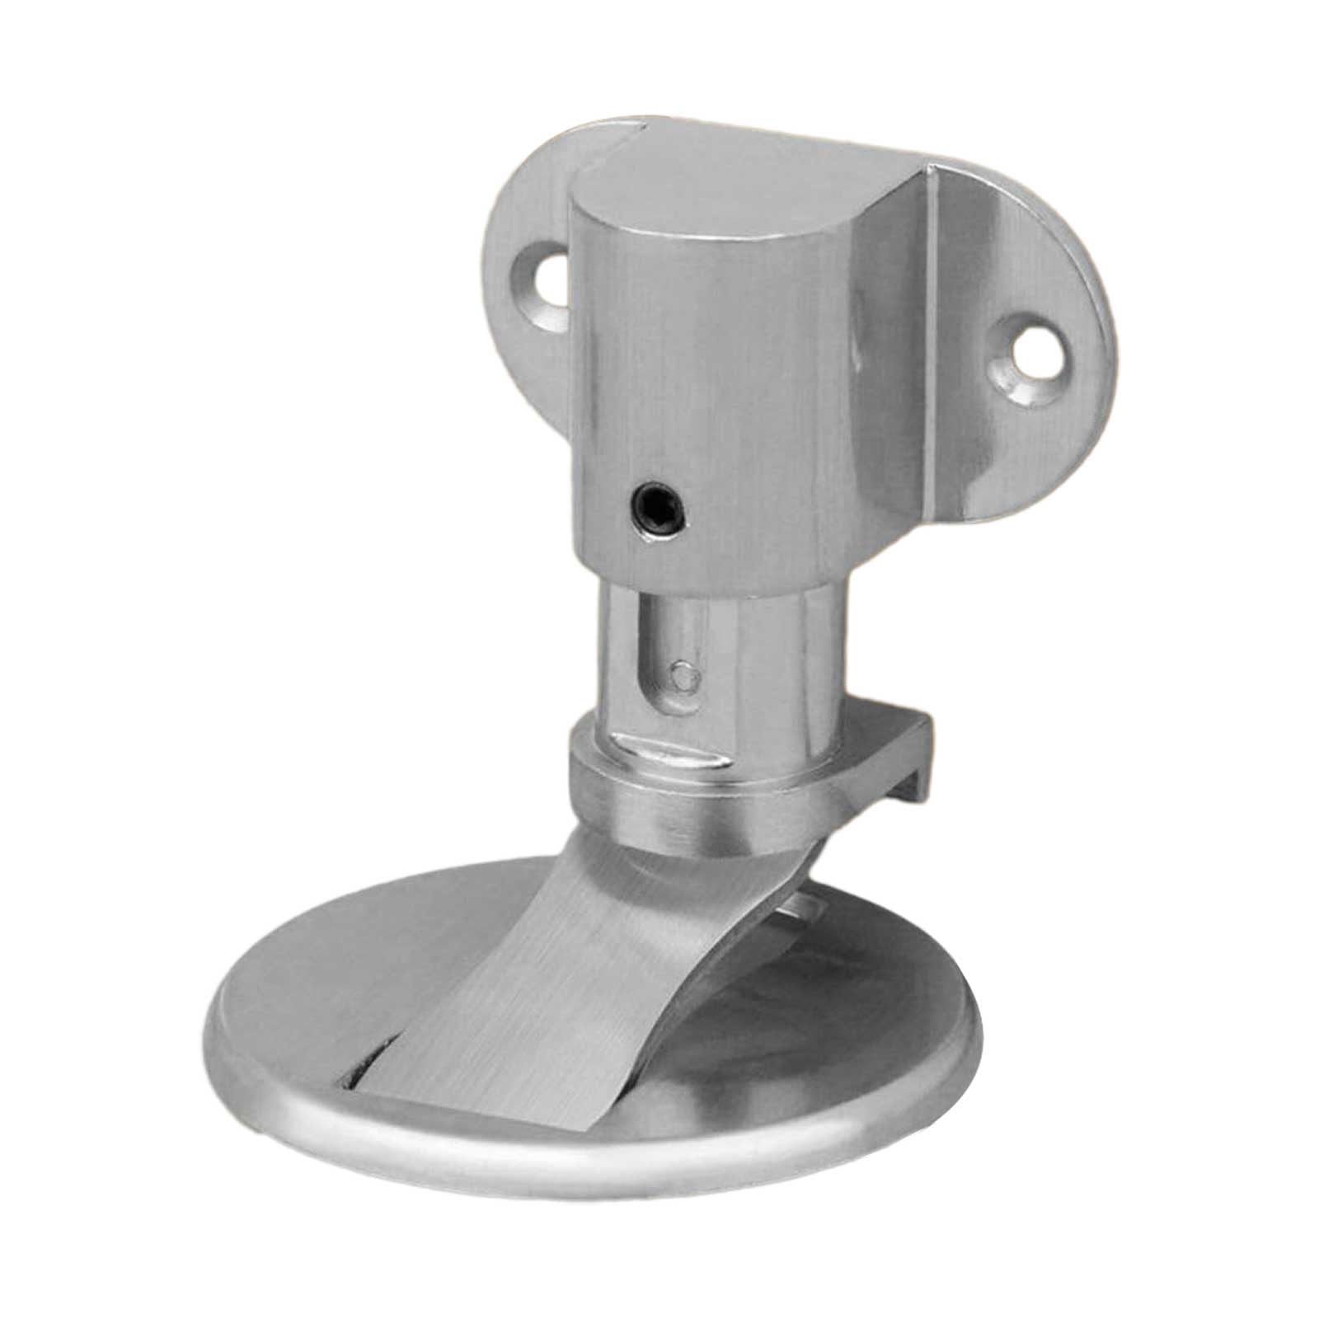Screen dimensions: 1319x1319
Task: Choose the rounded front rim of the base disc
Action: pyautogui.click(x=577, y=1146)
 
